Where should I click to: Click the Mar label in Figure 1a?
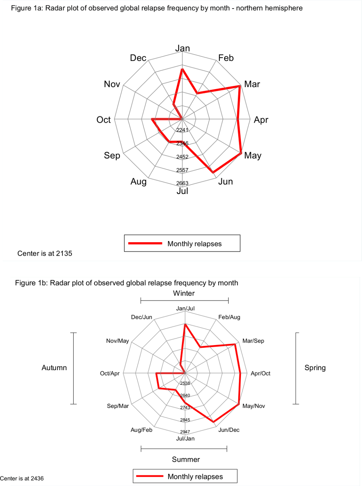click(252, 84)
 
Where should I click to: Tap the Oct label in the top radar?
click(104, 120)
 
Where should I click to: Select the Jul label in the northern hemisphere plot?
click(182, 191)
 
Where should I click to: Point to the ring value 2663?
click(182, 183)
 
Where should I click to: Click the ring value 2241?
click(182, 130)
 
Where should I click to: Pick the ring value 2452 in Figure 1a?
click(182, 157)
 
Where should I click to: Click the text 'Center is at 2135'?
click(45, 254)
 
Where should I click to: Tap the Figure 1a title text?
click(157, 8)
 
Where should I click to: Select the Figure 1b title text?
click(126, 283)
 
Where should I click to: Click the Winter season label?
click(184, 293)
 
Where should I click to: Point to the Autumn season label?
click(54, 368)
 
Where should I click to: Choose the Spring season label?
click(315, 368)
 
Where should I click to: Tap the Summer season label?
click(186, 459)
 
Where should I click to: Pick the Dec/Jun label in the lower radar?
click(142, 317)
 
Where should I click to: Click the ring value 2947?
click(185, 432)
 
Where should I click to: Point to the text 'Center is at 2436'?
click(22, 478)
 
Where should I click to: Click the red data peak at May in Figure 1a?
click(241, 153)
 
